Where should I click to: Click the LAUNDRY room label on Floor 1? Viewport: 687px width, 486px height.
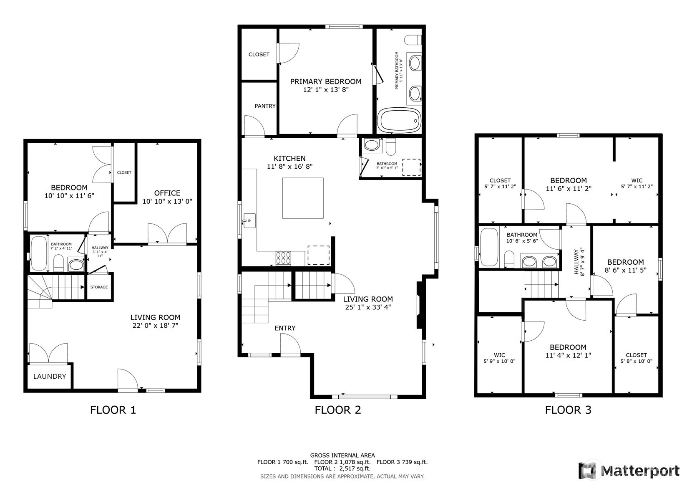49,376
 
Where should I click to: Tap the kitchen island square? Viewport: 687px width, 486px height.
303,198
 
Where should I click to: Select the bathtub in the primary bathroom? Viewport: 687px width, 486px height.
399,121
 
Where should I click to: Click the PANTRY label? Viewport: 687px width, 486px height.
265,106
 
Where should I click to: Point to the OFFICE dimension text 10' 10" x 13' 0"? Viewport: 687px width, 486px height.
167,201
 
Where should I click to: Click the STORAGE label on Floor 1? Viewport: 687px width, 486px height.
99,287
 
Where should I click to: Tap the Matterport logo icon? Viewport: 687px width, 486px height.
587,471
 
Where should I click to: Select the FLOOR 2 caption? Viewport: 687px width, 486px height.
337,410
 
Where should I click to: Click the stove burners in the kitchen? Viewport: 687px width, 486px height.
284,258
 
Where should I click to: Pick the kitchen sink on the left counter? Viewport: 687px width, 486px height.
249,220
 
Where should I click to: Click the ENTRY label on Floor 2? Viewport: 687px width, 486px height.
285,328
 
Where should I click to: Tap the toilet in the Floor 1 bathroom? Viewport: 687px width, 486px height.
58,263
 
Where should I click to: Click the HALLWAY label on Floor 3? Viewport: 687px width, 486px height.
577,262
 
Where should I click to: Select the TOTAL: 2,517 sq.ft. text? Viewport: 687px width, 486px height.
342,468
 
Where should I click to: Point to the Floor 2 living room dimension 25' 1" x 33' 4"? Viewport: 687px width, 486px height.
367,308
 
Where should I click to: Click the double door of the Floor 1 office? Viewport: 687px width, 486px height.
167,234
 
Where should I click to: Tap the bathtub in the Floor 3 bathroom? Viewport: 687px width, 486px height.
489,247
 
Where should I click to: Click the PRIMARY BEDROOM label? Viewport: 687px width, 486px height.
325,81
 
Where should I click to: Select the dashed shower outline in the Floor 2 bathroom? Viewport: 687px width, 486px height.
411,167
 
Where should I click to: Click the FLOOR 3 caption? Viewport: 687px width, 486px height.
568,410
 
